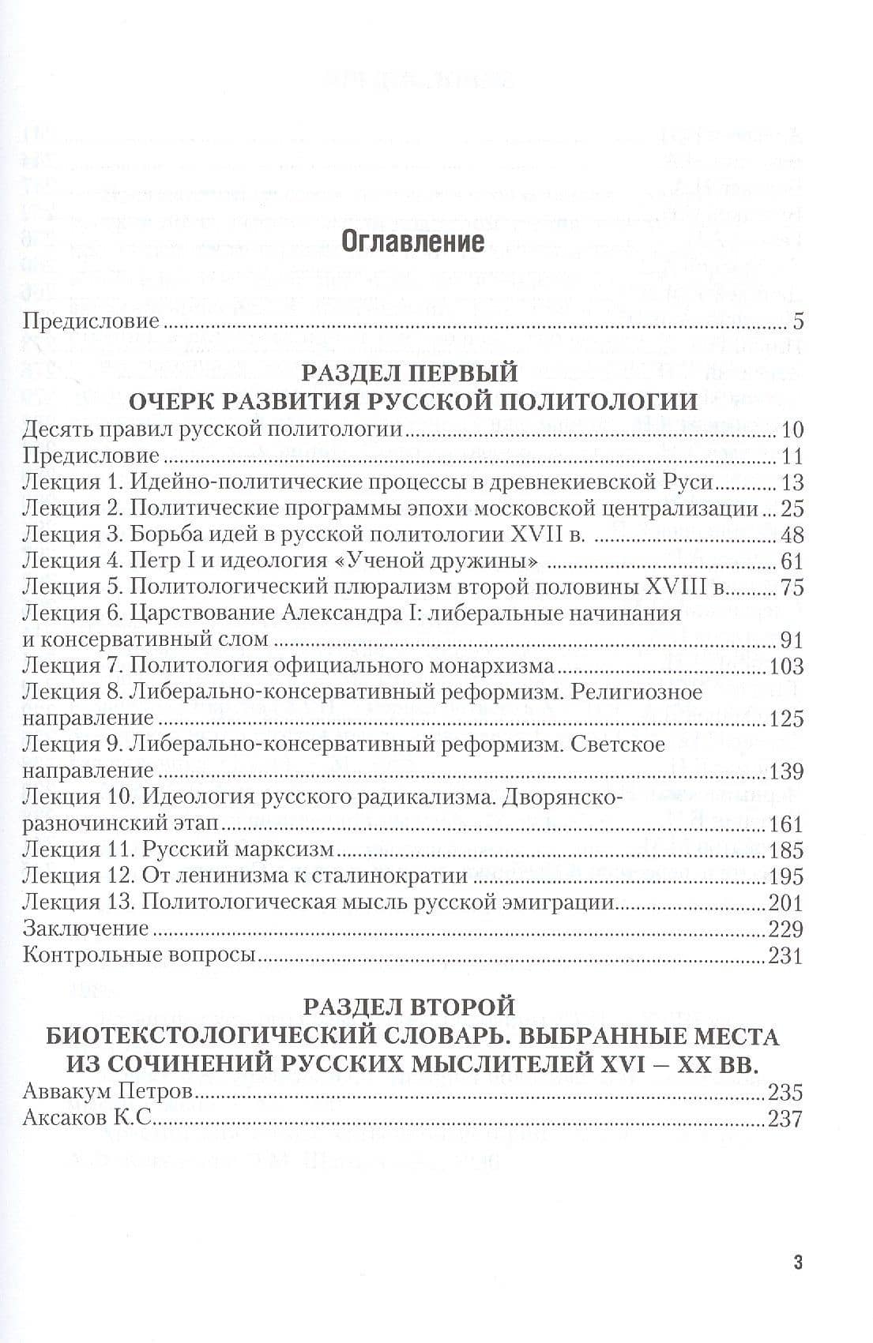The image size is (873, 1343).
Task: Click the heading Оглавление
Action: pyautogui.click(x=412, y=242)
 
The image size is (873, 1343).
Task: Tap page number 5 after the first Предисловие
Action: pyautogui.click(x=797, y=322)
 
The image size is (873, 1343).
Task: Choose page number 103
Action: pyautogui.click(x=786, y=666)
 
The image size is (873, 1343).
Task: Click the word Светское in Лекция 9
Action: pyautogui.click(x=617, y=745)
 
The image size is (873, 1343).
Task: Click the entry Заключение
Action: pyautogui.click(x=86, y=928)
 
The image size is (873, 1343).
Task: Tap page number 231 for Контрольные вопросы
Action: pyautogui.click(x=786, y=955)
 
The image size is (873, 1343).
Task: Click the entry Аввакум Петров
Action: pyautogui.click(x=108, y=1093)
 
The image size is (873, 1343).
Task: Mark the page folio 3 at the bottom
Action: pyautogui.click(x=798, y=1262)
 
